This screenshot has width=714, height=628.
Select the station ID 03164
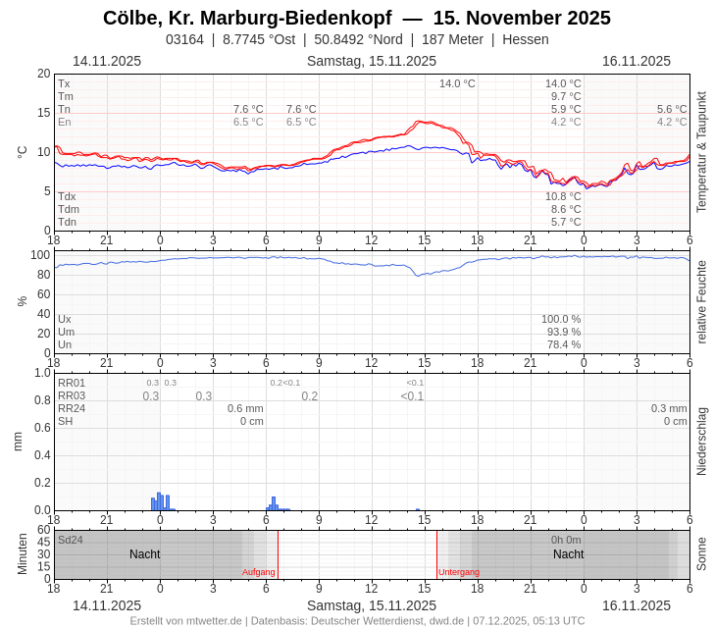click(184, 39)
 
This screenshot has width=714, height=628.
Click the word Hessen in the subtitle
click(526, 39)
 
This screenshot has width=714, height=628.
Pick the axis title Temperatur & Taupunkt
click(701, 152)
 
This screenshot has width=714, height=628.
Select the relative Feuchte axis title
click(701, 301)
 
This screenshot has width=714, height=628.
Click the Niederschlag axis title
click(701, 442)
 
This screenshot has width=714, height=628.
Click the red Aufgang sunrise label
click(259, 572)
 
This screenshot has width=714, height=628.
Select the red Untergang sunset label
click(459, 572)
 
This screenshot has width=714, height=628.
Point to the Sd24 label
click(71, 540)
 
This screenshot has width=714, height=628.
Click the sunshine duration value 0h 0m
click(566, 540)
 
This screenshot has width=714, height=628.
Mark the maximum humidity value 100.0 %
click(561, 319)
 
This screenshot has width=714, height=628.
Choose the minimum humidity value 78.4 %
click(561, 344)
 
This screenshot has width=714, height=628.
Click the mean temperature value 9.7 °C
click(566, 96)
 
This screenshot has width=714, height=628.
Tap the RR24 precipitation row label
click(72, 408)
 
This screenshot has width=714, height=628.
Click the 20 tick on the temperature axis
click(43, 74)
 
